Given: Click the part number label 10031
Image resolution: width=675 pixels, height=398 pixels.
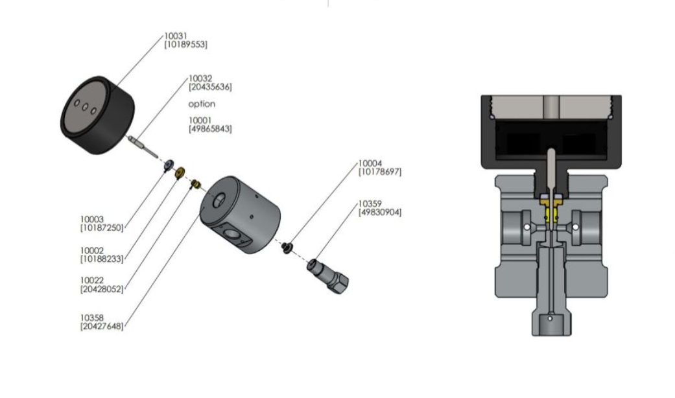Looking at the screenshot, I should [176, 36].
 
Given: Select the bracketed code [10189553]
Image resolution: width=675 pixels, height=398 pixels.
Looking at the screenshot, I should [186, 44].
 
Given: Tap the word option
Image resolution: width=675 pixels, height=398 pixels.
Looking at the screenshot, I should [202, 104].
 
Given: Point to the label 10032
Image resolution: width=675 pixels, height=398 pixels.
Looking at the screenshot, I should [200, 78].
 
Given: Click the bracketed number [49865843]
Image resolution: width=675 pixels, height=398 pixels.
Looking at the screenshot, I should [210, 129].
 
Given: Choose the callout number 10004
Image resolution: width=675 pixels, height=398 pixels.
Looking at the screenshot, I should [370, 163].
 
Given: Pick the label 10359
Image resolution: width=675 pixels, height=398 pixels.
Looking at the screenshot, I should [370, 204].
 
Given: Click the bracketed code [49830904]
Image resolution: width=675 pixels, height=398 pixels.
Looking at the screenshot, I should [379, 212].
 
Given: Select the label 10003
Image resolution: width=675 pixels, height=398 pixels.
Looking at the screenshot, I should [91, 220].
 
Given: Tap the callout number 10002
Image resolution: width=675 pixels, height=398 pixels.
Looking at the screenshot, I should [91, 250].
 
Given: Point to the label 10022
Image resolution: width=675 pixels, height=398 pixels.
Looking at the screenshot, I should [91, 280].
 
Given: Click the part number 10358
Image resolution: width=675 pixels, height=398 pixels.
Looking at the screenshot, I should [91, 318].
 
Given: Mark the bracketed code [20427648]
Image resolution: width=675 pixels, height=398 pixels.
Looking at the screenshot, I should [101, 326].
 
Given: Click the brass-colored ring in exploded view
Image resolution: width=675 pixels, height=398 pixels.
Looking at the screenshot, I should [181, 173].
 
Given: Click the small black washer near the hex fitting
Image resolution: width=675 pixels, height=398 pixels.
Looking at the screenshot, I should [287, 246].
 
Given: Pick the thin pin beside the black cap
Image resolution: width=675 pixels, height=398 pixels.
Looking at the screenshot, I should [143, 145].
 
